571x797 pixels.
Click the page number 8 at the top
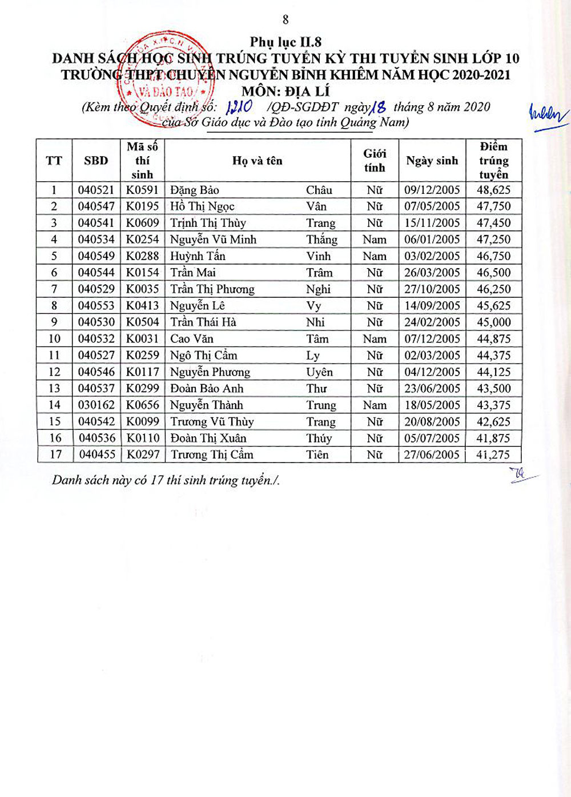point(285,20)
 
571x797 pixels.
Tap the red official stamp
point(166,79)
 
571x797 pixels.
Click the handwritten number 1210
point(239,107)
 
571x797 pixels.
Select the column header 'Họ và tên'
point(257,161)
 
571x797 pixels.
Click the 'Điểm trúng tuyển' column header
point(493,161)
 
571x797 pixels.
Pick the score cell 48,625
point(493,190)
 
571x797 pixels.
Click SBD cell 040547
point(96,206)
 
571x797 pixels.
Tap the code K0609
point(142,223)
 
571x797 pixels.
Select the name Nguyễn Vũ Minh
point(213,240)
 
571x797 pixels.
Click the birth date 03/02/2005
point(432,256)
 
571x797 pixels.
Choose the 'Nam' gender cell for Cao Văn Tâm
point(375,339)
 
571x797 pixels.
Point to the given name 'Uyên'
point(319,372)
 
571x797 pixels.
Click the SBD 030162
point(96,405)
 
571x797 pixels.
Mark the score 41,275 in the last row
point(493,455)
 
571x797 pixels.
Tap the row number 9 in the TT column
point(54,322)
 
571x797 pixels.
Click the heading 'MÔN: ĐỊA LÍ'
point(285,91)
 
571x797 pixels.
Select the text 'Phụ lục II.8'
point(285,42)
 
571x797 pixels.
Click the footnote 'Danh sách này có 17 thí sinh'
point(166,480)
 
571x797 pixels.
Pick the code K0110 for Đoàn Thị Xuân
point(142,439)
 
